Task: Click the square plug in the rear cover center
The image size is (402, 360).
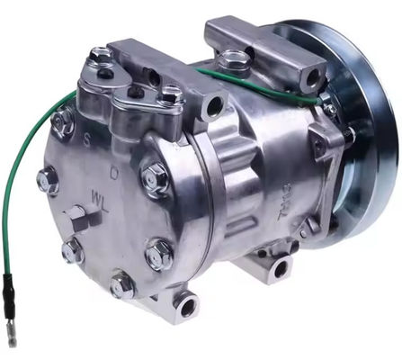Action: (x=76, y=216)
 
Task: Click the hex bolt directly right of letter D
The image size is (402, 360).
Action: (x=154, y=176)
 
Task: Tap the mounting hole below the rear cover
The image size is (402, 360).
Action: (x=187, y=307)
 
